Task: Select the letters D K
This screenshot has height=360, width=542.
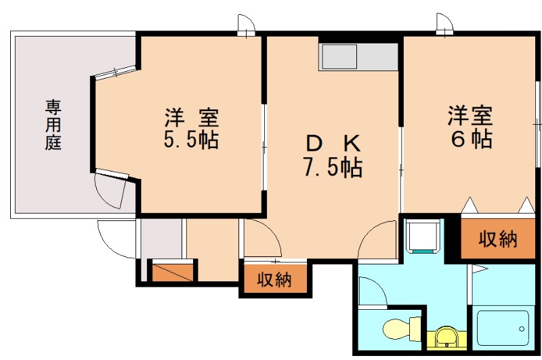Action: click(332, 143)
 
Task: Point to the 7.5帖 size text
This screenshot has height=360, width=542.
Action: click(332, 167)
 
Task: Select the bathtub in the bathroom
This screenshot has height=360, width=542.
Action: click(501, 329)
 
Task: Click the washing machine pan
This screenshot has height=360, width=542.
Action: click(424, 235)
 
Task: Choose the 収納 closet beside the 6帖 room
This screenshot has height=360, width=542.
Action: click(498, 239)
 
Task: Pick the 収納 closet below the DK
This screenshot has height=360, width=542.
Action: click(274, 279)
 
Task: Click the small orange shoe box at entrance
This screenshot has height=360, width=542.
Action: click(172, 271)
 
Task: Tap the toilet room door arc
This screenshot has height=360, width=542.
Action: click(372, 292)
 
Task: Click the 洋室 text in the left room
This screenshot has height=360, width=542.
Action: click(191, 117)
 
